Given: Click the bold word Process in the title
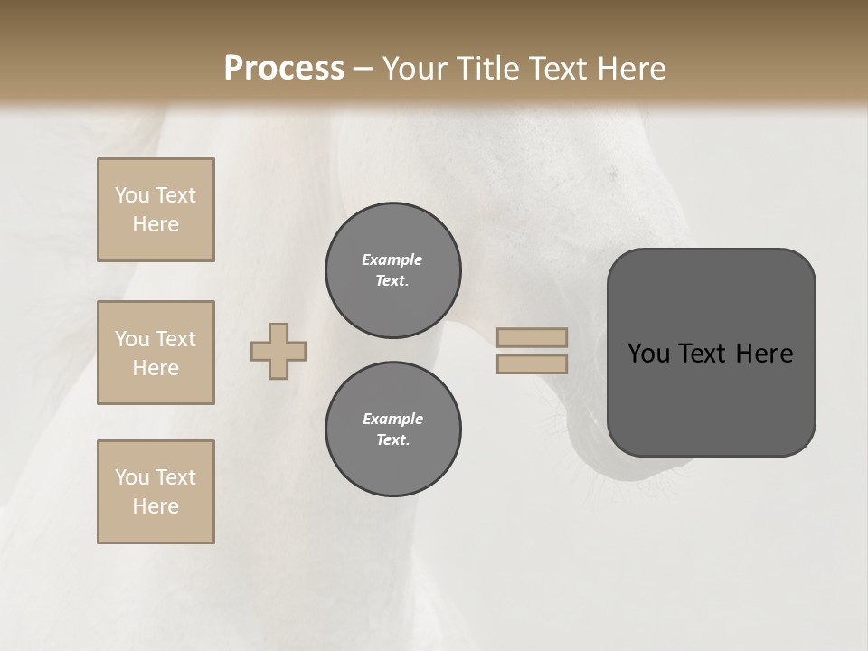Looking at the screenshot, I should click(284, 69).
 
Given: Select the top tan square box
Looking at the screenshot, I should click(156, 210).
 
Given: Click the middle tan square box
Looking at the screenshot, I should click(156, 353).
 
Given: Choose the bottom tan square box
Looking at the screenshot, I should click(156, 492).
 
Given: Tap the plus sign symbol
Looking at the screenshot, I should click(278, 351).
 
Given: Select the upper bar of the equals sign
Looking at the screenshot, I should click(532, 337).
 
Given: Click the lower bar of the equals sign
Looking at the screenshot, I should click(532, 363).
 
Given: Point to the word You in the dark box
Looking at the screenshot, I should click(649, 354).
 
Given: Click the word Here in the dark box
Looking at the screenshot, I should click(764, 354).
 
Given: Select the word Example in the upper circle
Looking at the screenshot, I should click(392, 259).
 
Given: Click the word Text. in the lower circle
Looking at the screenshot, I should click(392, 439).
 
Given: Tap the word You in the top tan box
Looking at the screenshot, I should click(132, 195).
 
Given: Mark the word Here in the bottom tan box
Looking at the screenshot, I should click(156, 506).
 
